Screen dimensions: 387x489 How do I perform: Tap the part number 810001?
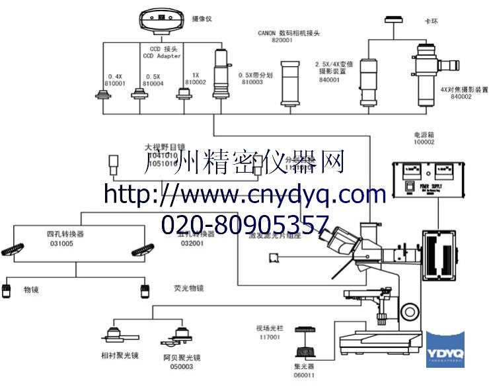[x=116, y=83]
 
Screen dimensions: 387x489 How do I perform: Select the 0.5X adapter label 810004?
[x=153, y=83]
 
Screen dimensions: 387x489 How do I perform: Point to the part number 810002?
[x=196, y=82]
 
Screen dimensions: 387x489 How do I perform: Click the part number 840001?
[x=328, y=79]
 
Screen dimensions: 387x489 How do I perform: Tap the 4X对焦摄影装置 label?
[x=465, y=89]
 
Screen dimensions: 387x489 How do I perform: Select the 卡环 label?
[x=431, y=21]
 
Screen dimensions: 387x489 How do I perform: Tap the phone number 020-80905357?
[x=244, y=224]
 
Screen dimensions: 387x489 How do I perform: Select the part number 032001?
[x=192, y=243]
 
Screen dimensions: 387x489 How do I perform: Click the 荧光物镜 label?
[x=189, y=288]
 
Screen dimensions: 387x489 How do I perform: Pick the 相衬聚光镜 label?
[x=120, y=355]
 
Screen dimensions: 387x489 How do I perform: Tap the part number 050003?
[x=178, y=366]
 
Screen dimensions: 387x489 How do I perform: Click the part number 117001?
[x=270, y=337]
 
